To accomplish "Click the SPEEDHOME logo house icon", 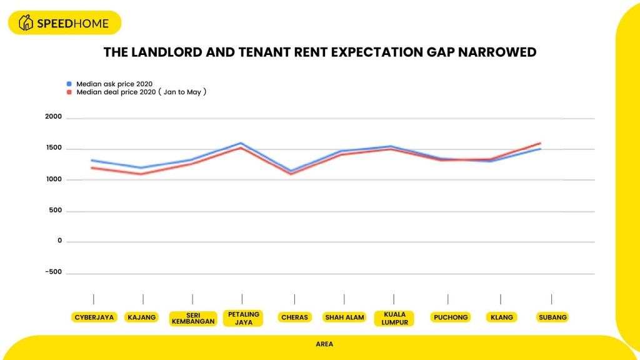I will pos(26,23).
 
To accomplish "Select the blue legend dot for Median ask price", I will pos(69,83).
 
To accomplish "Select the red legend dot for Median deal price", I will pos(69,92).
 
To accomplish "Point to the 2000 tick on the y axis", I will pos(53,117).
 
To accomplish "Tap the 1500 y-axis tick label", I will pos(53,148).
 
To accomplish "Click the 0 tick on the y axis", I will pos(60,241).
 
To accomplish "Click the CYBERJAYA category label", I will pos(94,317).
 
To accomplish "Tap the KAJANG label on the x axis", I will pos(142,317).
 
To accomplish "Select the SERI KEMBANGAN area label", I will pos(192,318).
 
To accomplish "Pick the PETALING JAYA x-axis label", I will pos(242,318).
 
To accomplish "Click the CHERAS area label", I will pos(294,317).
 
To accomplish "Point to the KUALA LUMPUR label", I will pos(394,318).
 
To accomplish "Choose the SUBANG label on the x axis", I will pos(552,317).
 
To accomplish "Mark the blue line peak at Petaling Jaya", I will pos(242,143).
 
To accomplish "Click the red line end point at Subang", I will pos(540,143).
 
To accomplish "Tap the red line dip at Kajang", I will pos(142,174).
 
